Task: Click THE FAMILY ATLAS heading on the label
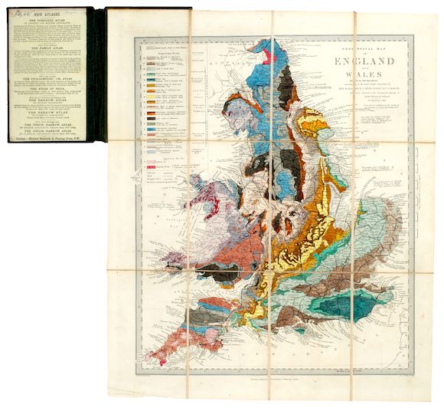[x=50, y=47]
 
